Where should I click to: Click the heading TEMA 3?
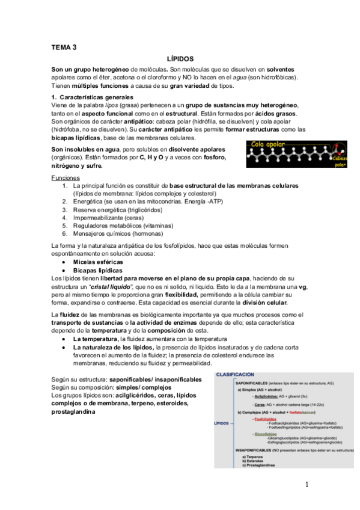tap(64, 47)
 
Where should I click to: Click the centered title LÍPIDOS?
tap(180, 60)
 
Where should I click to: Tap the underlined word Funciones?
tap(66, 178)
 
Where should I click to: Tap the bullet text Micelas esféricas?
tap(99, 263)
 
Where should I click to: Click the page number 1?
tap(307, 485)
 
